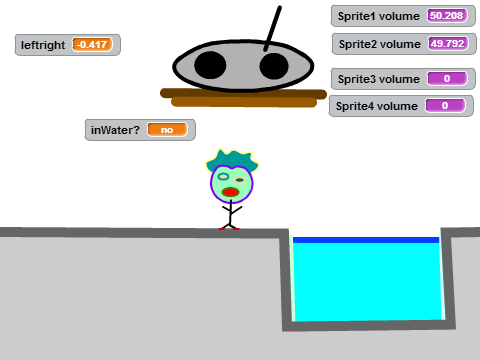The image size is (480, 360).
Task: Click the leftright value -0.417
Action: click(92, 44)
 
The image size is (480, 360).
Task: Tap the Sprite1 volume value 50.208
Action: click(447, 16)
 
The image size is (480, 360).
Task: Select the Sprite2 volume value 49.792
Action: click(448, 44)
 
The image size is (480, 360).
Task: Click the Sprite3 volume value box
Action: click(447, 79)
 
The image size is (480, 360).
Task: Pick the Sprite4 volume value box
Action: click(445, 106)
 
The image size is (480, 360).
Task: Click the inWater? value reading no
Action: click(167, 130)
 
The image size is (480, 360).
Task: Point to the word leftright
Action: click(43, 45)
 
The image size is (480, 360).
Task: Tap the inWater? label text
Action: click(115, 130)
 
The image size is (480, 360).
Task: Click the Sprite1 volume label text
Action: click(379, 16)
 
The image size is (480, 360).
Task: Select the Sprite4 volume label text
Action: click(377, 106)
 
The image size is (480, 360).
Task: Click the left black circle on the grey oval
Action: click(210, 65)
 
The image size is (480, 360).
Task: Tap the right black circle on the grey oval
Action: click(274, 66)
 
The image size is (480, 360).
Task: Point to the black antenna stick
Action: click(273, 29)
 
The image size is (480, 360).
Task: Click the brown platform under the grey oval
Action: click(243, 98)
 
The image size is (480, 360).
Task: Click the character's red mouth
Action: click(230, 192)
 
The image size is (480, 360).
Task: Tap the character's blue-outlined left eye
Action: click(223, 176)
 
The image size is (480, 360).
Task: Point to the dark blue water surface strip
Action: click(366, 240)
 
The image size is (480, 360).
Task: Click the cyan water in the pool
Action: click(368, 282)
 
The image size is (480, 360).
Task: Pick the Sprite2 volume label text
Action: click(380, 44)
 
